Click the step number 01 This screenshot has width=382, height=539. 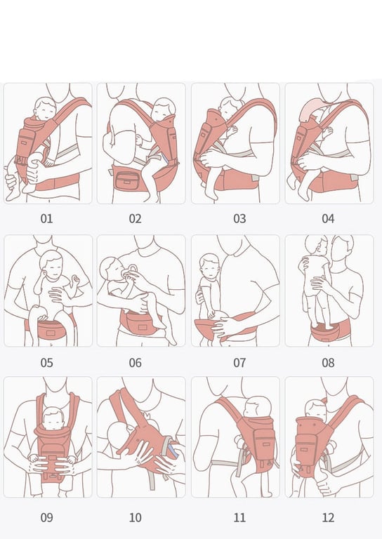(x=47, y=219)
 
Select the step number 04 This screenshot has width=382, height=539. (x=328, y=219)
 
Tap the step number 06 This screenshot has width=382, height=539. (x=135, y=363)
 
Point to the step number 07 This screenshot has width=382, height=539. (x=239, y=363)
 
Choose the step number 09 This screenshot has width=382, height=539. (x=47, y=517)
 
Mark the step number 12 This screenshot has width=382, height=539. (x=328, y=517)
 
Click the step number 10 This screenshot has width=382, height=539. (x=135, y=517)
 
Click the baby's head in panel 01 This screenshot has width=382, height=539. (x=45, y=108)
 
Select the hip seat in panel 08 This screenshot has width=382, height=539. (x=329, y=330)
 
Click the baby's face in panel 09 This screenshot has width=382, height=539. (x=53, y=420)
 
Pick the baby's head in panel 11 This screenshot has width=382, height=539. (x=258, y=407)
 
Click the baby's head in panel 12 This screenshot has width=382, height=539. (x=316, y=410)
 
